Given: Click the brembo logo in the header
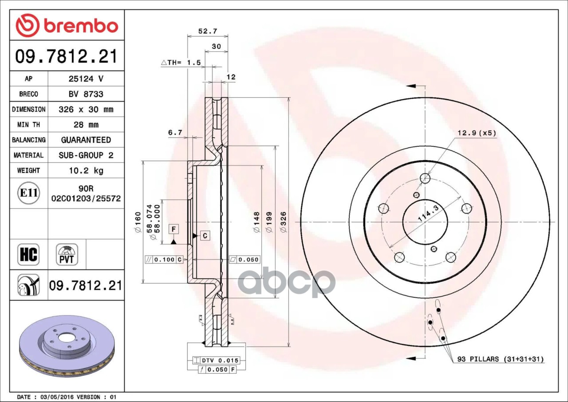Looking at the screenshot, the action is [67, 25].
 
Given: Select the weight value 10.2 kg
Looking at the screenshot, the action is [86, 170].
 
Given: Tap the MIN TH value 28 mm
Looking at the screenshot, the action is [86, 125].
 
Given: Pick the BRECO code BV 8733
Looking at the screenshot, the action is [86, 95].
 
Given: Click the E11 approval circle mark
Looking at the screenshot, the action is [29, 193].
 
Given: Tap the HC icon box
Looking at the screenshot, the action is [28, 255].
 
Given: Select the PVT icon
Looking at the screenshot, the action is [67, 255].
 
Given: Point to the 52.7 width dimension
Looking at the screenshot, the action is [208, 31].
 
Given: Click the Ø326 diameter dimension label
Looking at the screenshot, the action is [283, 222].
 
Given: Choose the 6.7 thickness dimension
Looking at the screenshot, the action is [175, 133].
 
